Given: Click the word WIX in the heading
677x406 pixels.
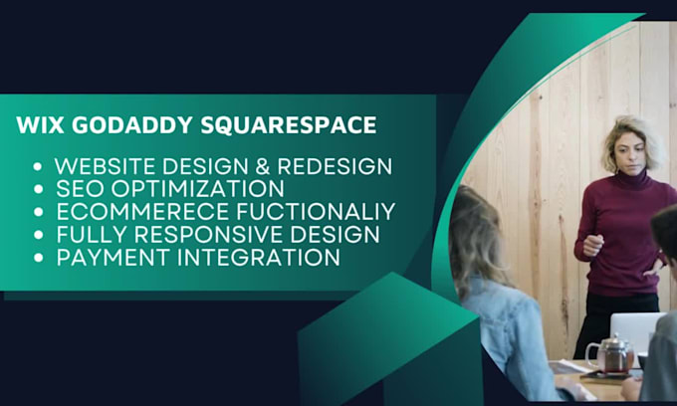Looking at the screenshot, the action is tap(40, 125).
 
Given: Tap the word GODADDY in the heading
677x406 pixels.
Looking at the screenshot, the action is tap(132, 125).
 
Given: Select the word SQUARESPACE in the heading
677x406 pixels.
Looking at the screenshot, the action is tap(289, 125).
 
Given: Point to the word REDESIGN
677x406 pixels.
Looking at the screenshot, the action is tap(335, 166).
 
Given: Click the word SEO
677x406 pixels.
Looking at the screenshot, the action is tap(81, 188).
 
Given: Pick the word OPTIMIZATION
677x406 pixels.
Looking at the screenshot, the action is tap(198, 188).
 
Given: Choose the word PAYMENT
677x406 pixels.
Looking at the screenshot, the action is tap(113, 257).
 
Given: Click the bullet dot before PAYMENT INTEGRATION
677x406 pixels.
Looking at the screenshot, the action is tap(39, 258).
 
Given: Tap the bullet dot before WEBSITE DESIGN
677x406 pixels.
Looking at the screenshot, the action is tap(38, 166).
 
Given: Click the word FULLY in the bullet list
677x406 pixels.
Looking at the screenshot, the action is tap(92, 234).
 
